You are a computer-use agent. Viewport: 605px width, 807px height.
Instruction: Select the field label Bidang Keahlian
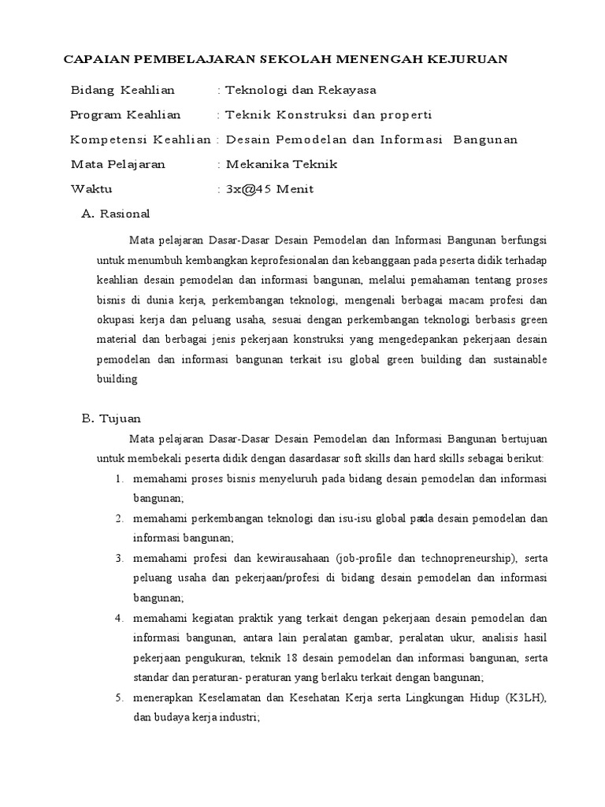[122, 91]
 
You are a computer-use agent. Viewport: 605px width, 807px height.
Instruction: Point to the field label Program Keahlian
[125, 115]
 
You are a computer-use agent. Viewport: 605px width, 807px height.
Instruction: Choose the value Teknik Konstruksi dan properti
[328, 115]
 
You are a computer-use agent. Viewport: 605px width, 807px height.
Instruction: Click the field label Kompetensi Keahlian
[140, 139]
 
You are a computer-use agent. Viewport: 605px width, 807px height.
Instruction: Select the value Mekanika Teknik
[281, 165]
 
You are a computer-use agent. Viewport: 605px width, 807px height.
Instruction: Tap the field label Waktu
[91, 189]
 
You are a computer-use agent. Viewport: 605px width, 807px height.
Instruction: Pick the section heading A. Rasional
[116, 214]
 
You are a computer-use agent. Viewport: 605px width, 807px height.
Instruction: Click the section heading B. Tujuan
[111, 418]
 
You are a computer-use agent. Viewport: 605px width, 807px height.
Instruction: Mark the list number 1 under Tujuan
[117, 479]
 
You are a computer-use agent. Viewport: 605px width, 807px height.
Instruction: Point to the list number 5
[117, 698]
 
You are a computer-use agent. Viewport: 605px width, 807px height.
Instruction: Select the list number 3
[117, 559]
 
